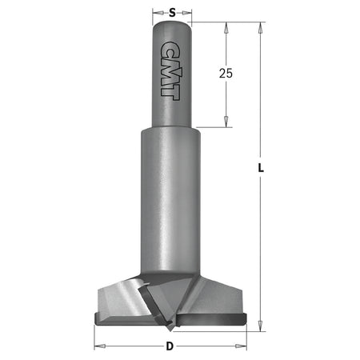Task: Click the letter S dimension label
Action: [x=174, y=12]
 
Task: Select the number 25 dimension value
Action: [x=226, y=73]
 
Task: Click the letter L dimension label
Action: [x=259, y=168]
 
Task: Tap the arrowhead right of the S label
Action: [x=193, y=12]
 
